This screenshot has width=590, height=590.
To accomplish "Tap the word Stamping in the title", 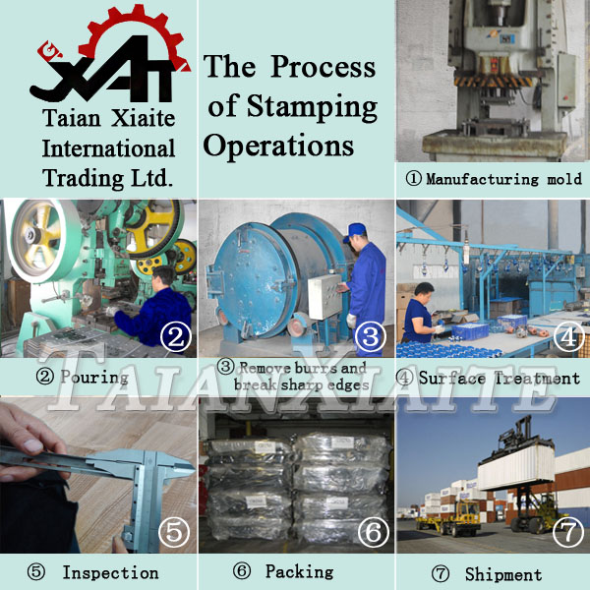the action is [x=312, y=106].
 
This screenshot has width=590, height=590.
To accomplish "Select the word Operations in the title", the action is [x=278, y=146].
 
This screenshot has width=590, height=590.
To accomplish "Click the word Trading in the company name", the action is [x=84, y=178].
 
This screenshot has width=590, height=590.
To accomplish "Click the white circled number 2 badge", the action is [x=176, y=336].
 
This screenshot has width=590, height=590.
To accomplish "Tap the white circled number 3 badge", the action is [x=371, y=336].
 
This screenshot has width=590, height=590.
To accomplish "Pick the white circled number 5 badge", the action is [x=174, y=531].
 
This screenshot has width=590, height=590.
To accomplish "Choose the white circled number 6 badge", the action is [x=374, y=531].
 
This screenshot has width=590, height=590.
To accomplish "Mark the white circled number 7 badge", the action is [x=568, y=531].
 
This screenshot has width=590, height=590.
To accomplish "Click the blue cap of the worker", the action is [x=354, y=231].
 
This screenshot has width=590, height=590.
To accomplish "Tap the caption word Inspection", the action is [x=110, y=572].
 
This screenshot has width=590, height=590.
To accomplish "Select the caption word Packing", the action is [x=300, y=572].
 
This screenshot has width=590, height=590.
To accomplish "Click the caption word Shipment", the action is [x=503, y=574].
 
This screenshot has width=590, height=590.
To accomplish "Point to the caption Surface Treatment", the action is [x=500, y=378].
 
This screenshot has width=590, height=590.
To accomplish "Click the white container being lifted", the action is [x=516, y=466].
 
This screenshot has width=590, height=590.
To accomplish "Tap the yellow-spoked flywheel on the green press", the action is [x=155, y=228].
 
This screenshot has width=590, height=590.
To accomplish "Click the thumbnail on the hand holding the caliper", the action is [x=33, y=445].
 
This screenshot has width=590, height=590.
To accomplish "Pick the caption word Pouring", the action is [x=94, y=378].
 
